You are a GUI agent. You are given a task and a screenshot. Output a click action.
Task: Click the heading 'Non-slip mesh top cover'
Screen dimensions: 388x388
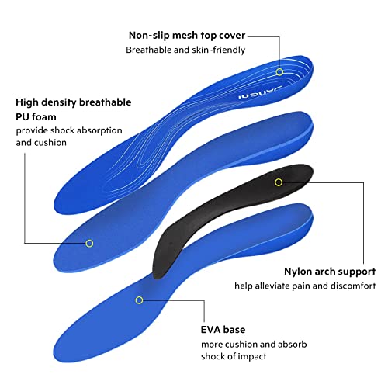tap(187, 36)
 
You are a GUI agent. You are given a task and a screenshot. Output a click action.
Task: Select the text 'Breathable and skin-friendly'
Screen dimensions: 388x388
tap(185, 50)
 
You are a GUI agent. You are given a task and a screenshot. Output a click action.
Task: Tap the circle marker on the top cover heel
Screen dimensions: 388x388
tap(279, 72)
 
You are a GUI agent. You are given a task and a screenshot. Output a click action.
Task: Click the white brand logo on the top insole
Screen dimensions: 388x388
tap(259, 92)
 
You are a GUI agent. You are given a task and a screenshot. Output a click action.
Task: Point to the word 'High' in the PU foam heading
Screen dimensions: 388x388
tap(27, 102)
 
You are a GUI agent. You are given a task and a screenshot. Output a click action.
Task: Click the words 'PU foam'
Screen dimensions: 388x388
tap(36, 117)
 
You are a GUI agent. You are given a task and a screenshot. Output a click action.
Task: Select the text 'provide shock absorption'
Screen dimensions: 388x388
tap(69, 130)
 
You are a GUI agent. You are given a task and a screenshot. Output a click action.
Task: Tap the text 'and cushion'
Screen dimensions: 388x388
tap(41, 143)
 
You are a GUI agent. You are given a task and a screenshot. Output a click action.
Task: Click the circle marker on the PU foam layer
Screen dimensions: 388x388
tap(89, 244)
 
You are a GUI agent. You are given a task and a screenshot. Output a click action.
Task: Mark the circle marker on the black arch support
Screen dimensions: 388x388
tap(279, 182)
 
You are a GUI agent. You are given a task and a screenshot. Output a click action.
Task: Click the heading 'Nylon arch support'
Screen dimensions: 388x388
tap(330, 272)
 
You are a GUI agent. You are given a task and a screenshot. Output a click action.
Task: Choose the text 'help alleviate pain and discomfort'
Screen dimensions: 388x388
tap(305, 286)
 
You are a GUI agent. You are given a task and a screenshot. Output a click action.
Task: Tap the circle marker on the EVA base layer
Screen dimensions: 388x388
tap(139, 300)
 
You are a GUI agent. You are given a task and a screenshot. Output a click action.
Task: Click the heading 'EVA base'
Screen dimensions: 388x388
tap(223, 330)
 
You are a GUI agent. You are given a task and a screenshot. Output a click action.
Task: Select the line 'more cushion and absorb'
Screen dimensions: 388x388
tap(254, 345)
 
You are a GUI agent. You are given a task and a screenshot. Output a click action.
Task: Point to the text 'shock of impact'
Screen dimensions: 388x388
tap(234, 356)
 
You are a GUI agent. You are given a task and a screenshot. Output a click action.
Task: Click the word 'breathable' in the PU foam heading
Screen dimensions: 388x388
tap(105, 102)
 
